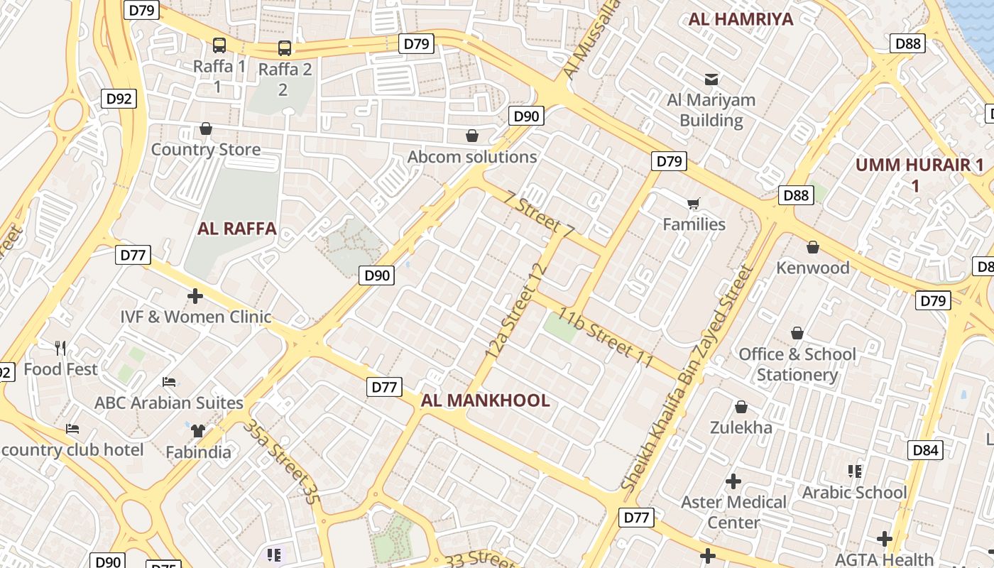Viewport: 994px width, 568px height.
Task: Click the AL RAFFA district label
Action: click(236, 229)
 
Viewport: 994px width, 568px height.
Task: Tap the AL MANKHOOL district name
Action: click(485, 400)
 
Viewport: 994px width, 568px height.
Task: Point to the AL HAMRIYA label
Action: click(741, 19)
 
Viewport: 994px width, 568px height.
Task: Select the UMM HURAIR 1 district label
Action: click(919, 175)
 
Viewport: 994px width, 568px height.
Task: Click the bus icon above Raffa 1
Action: click(219, 45)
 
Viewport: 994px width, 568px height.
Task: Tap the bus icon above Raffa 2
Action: click(285, 48)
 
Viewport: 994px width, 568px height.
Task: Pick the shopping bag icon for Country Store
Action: click(206, 129)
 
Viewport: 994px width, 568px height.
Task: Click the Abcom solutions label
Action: click(472, 157)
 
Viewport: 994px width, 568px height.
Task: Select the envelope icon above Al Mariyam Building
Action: click(711, 79)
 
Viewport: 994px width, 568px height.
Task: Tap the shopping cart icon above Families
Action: click(694, 204)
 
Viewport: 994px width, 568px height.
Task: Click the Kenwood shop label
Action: click(812, 268)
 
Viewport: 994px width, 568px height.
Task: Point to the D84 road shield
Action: click(926, 450)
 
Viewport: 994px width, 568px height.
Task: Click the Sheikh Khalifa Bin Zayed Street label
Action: click(687, 378)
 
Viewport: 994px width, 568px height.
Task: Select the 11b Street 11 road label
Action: click(605, 338)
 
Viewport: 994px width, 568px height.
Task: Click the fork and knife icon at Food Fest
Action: click(61, 348)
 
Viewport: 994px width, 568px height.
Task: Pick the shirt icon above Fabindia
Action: click(197, 430)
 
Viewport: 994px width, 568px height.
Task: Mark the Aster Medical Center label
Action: click(733, 512)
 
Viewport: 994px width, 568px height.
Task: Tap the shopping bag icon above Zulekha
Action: click(741, 407)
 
